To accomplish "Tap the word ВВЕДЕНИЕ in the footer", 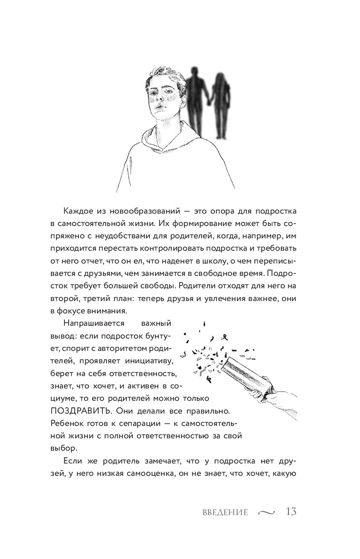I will (x=225, y=513).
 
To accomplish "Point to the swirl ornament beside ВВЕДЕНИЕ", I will (x=267, y=513).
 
